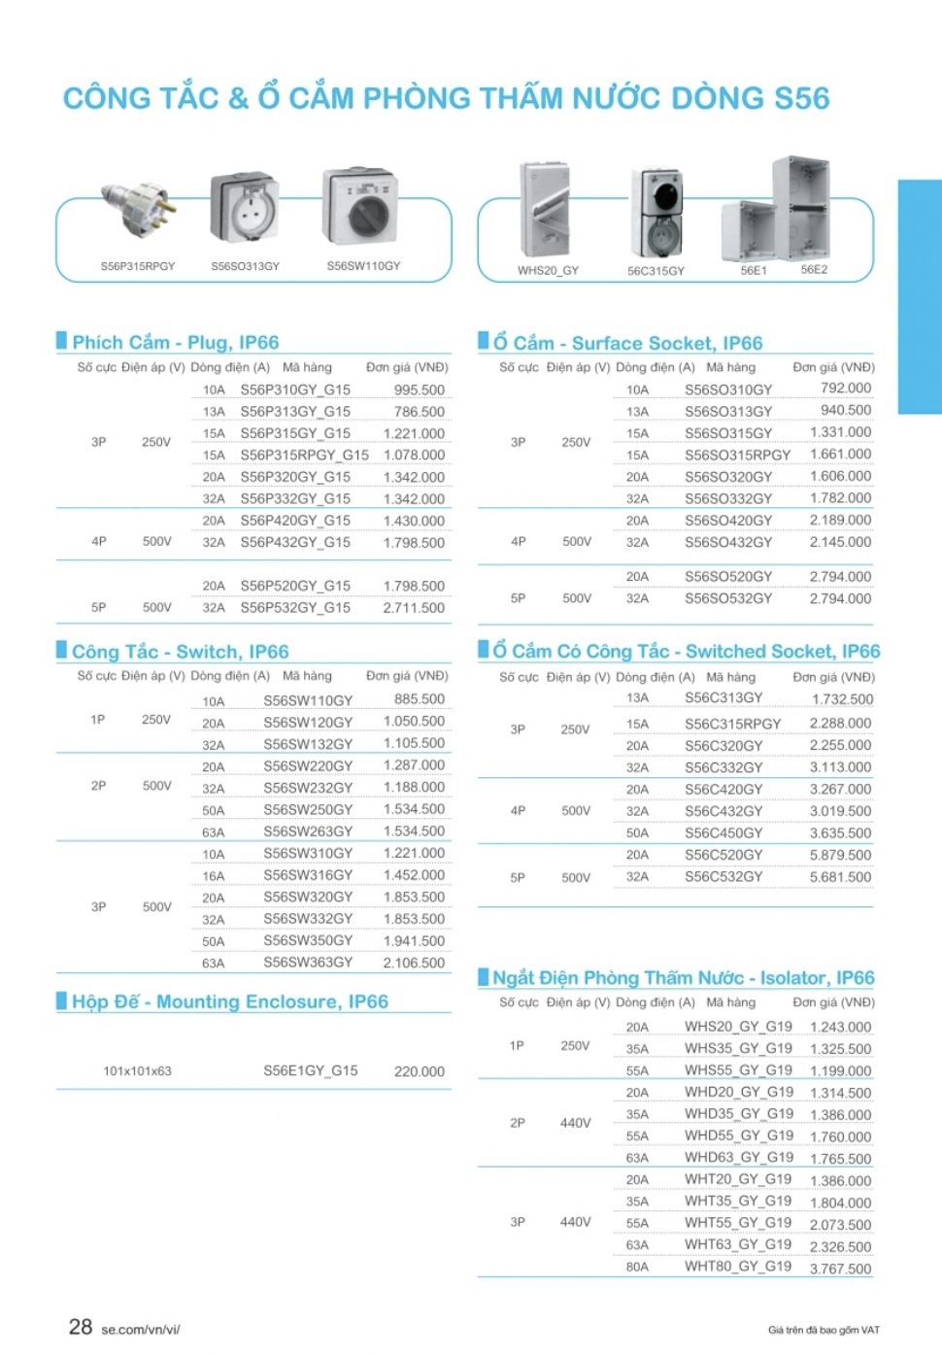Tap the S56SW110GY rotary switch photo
click(x=361, y=206)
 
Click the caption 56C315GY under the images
click(x=656, y=271)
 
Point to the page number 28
click(x=81, y=1327)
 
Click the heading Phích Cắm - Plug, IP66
click(x=176, y=342)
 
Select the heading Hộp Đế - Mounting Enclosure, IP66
click(x=230, y=1001)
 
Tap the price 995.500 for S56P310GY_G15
click(x=420, y=389)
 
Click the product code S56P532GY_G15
click(x=295, y=607)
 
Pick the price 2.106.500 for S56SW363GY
click(x=414, y=963)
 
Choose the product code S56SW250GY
click(x=308, y=809)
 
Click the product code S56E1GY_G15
click(x=311, y=1070)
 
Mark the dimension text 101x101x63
click(x=137, y=1071)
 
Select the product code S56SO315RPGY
click(x=737, y=455)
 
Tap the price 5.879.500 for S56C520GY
click(x=840, y=855)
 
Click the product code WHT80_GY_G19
click(x=738, y=1267)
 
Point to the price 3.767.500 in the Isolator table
click(x=840, y=1269)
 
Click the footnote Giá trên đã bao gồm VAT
click(x=824, y=1330)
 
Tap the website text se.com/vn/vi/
click(x=141, y=1330)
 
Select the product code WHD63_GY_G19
click(x=738, y=1158)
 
